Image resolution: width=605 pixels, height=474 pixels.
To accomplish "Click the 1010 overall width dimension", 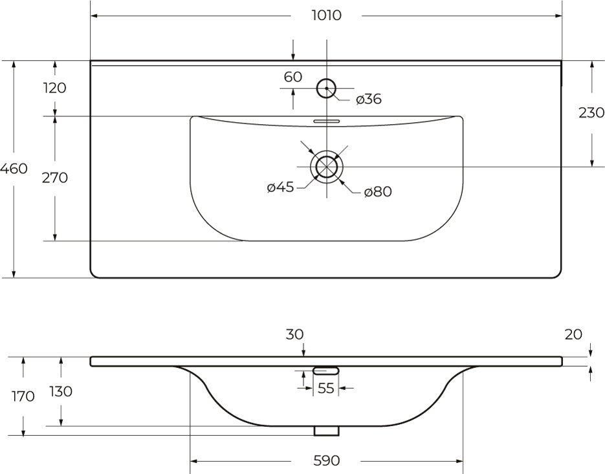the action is point(326,16).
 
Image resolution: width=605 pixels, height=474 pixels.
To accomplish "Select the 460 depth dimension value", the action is point(14,169).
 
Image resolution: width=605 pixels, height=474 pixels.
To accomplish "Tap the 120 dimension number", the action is point(55,89).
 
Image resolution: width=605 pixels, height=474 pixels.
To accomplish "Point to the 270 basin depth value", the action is point(55,178).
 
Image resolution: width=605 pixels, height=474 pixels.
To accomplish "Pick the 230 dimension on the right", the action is point(591,113).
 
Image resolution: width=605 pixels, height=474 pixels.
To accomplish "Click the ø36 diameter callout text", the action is point(369,99).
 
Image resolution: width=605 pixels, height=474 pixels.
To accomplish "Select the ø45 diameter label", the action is point(281,188).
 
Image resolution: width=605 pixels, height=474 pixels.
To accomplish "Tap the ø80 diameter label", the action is point(378,191).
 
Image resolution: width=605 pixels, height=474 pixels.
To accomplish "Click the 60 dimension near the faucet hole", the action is point(293,77).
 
